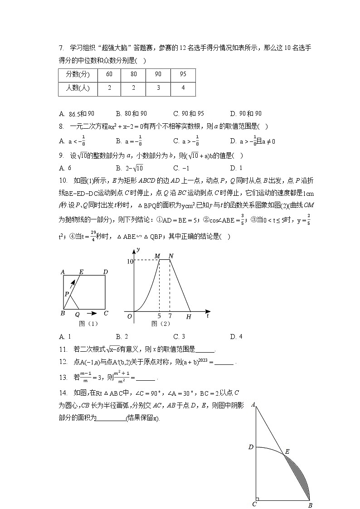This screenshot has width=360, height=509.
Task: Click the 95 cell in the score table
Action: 183,74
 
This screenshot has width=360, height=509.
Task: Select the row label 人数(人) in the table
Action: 77,88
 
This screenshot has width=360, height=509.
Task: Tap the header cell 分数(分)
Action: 77,74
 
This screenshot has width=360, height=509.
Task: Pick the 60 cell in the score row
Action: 109,74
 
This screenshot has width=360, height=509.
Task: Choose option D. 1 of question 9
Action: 236,168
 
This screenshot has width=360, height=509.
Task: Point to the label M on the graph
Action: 157,256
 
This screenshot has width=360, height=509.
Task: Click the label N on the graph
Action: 170,256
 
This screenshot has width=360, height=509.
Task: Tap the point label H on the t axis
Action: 189,317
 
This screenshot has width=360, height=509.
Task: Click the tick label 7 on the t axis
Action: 170,315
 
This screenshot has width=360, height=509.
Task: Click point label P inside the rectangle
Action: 66,294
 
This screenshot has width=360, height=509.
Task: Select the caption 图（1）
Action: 88,324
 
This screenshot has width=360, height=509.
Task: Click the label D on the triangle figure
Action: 250,447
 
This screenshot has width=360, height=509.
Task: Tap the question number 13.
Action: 63,377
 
